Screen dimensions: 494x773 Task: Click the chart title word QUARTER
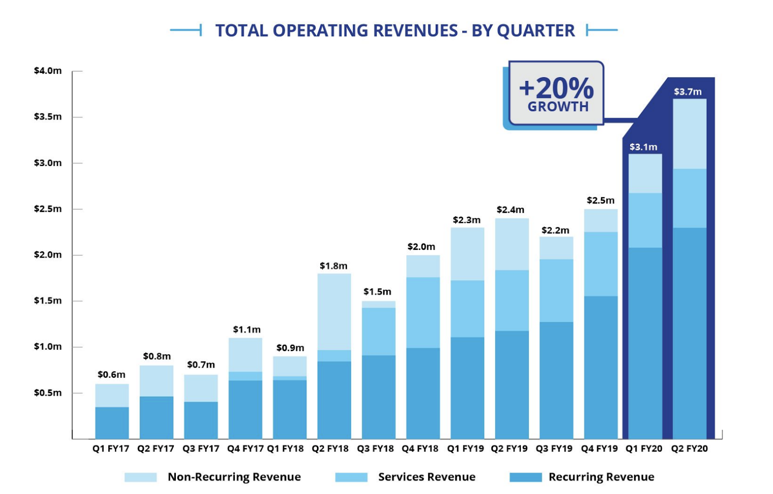(x=536, y=30)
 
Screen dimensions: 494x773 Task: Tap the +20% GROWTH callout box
(x=556, y=93)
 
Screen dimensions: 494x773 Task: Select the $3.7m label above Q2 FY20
(x=687, y=92)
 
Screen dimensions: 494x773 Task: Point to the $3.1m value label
(x=643, y=147)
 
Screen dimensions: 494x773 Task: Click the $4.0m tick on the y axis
(x=48, y=71)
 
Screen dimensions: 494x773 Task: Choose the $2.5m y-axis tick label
(x=48, y=209)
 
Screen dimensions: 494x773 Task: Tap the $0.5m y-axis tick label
(x=48, y=393)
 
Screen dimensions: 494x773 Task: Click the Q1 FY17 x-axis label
(x=111, y=449)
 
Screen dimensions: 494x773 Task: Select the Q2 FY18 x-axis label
(x=330, y=449)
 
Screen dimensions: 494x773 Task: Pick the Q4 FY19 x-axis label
(x=600, y=449)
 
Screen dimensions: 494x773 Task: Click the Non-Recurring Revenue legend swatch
(x=141, y=477)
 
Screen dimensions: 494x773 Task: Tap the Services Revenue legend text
(x=427, y=477)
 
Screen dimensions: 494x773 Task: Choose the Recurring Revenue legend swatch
(x=526, y=477)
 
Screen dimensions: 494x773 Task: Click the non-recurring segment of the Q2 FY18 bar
(x=334, y=312)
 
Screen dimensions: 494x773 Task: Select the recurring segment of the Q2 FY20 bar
(x=689, y=333)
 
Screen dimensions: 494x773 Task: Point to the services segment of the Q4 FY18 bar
(x=423, y=313)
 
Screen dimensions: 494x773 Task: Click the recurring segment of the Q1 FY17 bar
(x=112, y=423)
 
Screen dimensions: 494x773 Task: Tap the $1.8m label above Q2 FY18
(x=333, y=266)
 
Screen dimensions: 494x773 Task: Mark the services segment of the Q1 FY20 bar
(x=645, y=220)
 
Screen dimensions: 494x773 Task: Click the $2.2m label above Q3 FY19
(x=555, y=230)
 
